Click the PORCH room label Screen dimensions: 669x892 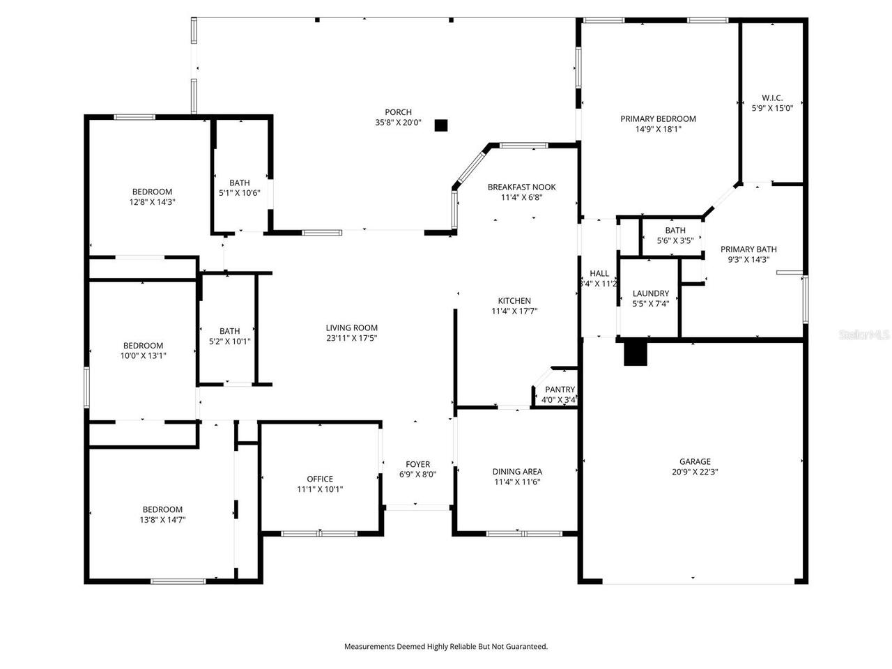398,112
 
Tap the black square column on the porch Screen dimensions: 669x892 440,125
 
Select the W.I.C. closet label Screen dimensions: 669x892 772,98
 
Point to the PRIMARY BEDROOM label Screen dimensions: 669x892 658,119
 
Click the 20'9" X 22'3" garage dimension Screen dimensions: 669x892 695,472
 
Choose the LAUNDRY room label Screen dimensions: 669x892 650,294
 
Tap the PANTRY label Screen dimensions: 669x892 560,390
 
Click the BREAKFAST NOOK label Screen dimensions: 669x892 521,187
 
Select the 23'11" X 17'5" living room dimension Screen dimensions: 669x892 352,339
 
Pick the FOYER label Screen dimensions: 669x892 418,465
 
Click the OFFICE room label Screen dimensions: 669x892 320,479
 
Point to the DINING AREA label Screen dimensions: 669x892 517,472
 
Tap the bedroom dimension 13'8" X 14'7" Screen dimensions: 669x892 162,520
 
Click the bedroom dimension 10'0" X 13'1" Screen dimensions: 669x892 143,355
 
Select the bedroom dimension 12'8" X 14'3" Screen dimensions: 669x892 152,202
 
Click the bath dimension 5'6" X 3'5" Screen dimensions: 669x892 675,241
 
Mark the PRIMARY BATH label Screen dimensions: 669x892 748,249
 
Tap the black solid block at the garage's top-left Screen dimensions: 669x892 635,353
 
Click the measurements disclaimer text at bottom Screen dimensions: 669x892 446,647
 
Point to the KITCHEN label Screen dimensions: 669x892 514,301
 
